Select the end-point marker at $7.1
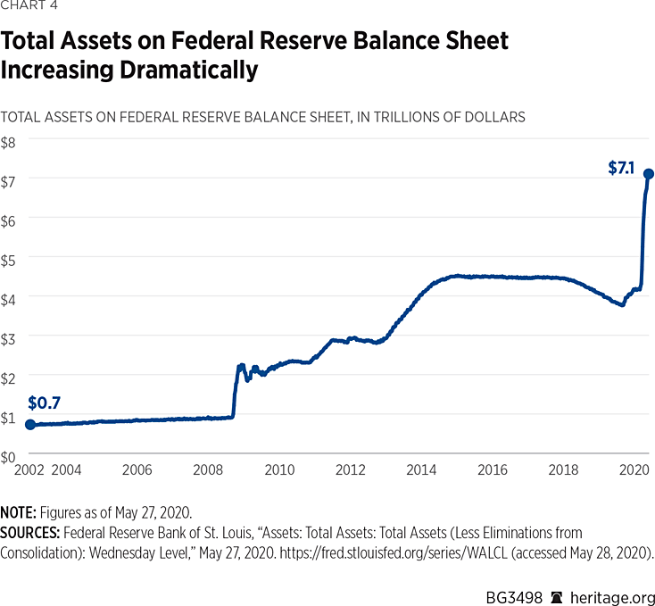click(649, 174)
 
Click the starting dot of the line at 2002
click(29, 425)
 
